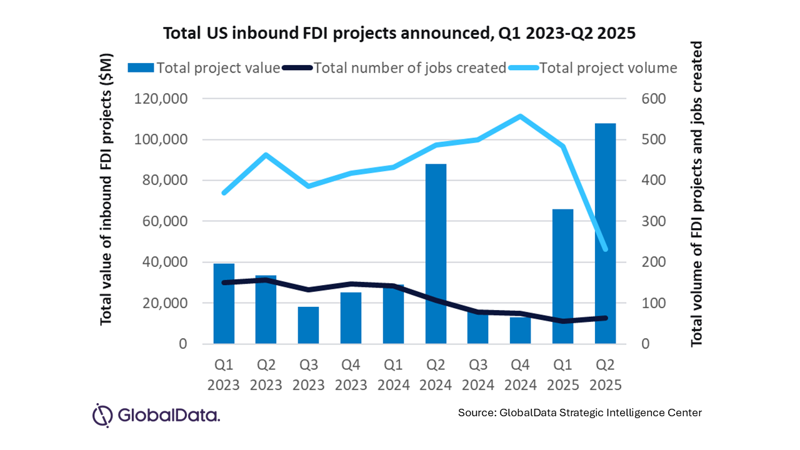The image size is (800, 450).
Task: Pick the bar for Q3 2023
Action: pyautogui.click(x=308, y=325)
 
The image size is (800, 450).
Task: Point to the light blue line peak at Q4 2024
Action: pyautogui.click(x=520, y=116)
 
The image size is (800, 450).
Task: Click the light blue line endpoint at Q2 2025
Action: pyautogui.click(x=605, y=249)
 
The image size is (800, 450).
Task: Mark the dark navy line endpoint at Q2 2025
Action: pyautogui.click(x=605, y=318)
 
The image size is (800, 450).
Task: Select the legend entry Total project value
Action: pyautogui.click(x=204, y=68)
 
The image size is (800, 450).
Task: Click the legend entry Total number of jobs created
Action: pyautogui.click(x=395, y=68)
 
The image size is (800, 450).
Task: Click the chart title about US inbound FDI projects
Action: pyautogui.click(x=399, y=34)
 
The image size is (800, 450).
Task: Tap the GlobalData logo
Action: pyautogui.click(x=156, y=414)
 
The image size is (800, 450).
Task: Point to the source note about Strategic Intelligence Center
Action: pyautogui.click(x=579, y=413)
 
